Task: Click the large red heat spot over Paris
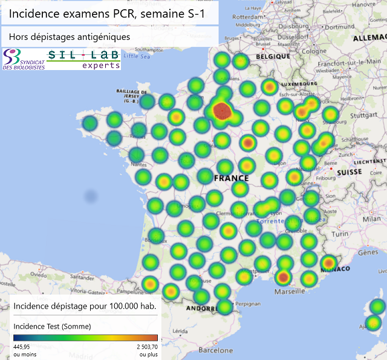pos(223,111)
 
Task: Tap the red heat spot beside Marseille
pos(282,277)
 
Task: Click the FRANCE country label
pos(231,178)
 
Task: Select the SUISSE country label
pos(349,172)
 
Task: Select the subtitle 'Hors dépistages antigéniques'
pos(70,37)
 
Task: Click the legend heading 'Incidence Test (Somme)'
pos(52,327)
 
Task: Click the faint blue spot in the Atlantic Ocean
pos(91,196)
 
